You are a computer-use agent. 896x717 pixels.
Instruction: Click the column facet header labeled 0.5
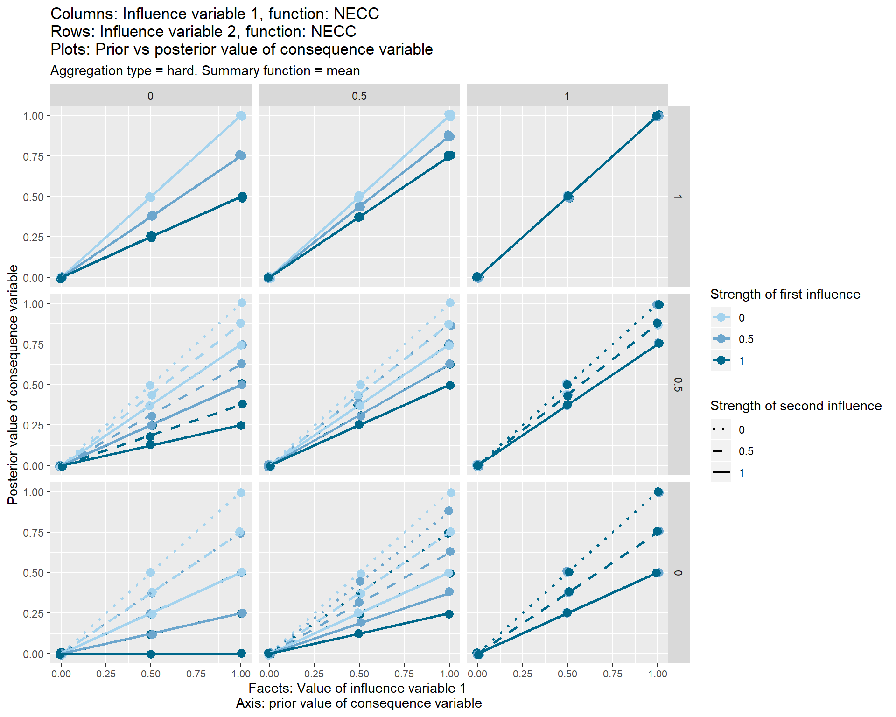pos(359,96)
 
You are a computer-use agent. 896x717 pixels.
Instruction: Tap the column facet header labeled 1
pos(567,96)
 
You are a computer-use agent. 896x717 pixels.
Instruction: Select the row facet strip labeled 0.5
pos(678,385)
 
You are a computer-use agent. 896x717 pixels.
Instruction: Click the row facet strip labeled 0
pos(678,573)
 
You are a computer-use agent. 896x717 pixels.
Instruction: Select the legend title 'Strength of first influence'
pos(785,294)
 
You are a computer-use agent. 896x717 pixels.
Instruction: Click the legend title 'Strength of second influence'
pos(796,406)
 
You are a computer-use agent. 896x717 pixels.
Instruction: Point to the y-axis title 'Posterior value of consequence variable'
pos(13,385)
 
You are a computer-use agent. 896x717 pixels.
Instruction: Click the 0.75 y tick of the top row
pos(33,156)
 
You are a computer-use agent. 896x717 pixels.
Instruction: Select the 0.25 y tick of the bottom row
pos(33,613)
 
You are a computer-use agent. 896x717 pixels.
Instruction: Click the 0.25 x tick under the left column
pos(105,674)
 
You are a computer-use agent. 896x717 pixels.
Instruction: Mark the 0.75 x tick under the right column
pos(612,674)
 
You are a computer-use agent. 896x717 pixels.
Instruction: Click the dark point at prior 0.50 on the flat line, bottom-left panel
pos(151,654)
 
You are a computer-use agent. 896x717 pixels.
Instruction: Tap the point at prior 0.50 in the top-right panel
pos(567,197)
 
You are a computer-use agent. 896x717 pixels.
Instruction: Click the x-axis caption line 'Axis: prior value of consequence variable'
pos(358,703)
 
